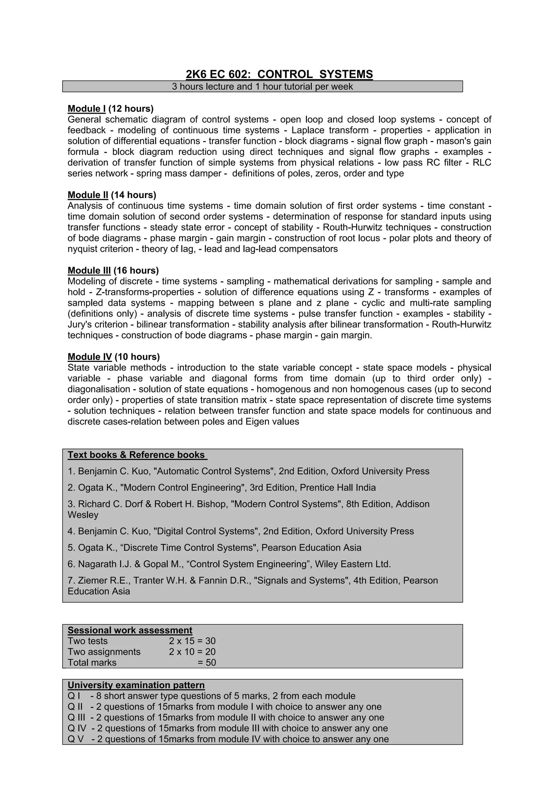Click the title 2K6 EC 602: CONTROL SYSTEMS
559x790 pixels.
279,74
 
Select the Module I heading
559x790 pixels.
87,109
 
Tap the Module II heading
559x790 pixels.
88,195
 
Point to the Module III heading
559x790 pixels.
89,271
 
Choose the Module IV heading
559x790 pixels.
90,357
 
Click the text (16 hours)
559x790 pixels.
136,271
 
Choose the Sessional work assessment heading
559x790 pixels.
130,630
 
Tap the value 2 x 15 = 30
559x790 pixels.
192,641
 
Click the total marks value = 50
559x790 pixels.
207,663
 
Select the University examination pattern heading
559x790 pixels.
136,685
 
